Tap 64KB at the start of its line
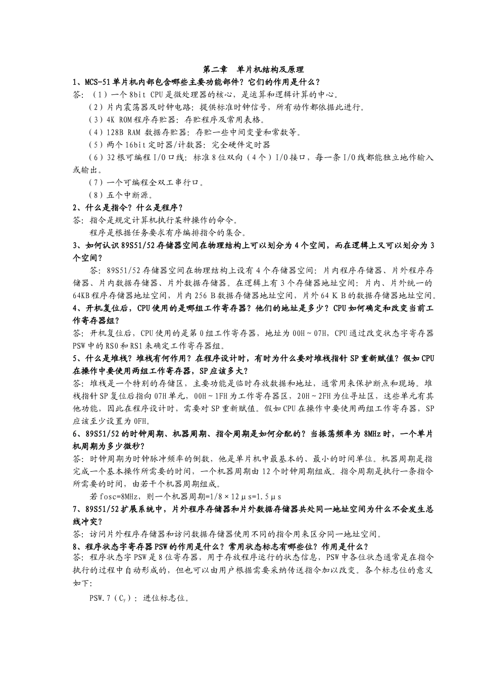tap(82, 295)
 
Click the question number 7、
tap(78, 509)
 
